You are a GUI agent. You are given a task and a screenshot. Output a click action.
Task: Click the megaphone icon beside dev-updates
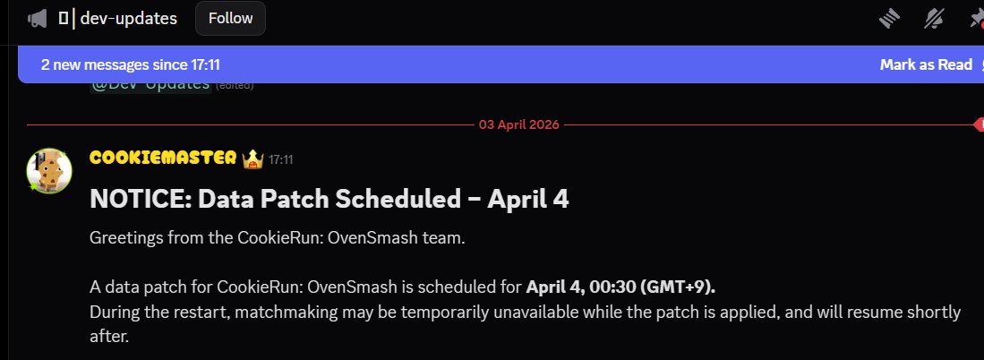tap(38, 18)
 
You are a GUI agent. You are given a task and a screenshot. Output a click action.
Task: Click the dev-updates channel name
tap(129, 18)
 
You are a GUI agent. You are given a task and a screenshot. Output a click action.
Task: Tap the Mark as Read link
tap(926, 64)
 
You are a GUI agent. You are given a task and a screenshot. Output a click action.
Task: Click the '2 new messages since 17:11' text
tap(131, 64)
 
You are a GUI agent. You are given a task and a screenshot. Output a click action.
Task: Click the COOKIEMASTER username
tap(163, 159)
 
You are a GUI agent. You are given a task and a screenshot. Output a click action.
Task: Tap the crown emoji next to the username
tap(252, 159)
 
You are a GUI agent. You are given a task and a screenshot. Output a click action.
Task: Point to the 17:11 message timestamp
tap(281, 159)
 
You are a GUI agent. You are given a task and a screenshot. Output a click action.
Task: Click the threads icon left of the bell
tap(887, 18)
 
